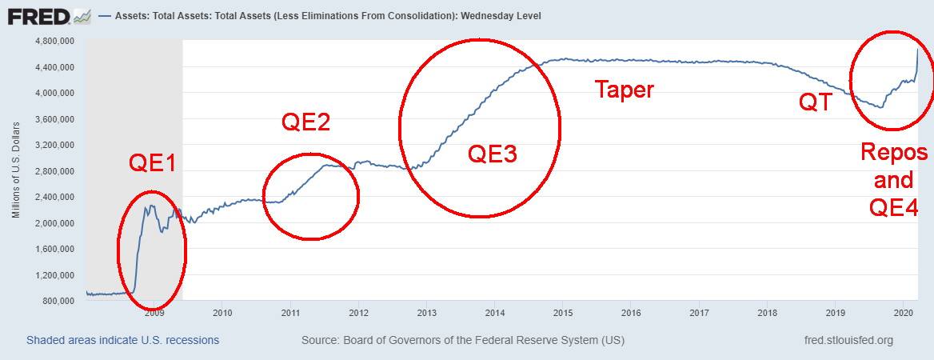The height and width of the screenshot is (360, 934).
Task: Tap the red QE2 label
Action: [305, 122]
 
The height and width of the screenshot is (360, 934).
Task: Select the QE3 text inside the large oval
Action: [492, 154]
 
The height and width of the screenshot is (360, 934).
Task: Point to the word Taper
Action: [624, 90]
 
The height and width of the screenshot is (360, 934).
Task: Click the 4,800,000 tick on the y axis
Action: [54, 41]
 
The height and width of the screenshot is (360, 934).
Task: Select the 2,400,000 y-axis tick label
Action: [54, 197]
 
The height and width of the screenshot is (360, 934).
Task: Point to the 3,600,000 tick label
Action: [54, 119]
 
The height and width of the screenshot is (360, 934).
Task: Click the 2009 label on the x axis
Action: [154, 313]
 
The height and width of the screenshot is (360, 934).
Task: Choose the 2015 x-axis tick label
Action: [563, 313]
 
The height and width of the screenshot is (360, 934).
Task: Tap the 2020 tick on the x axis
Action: [904, 313]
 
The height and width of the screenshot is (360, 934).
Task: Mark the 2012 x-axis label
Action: [358, 313]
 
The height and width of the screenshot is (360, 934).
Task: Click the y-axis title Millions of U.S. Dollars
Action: [16, 170]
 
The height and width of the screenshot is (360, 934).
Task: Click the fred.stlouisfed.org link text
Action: [848, 341]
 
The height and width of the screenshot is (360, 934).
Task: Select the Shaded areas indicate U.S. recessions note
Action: [122, 341]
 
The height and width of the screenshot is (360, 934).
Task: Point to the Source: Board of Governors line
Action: [463, 341]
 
